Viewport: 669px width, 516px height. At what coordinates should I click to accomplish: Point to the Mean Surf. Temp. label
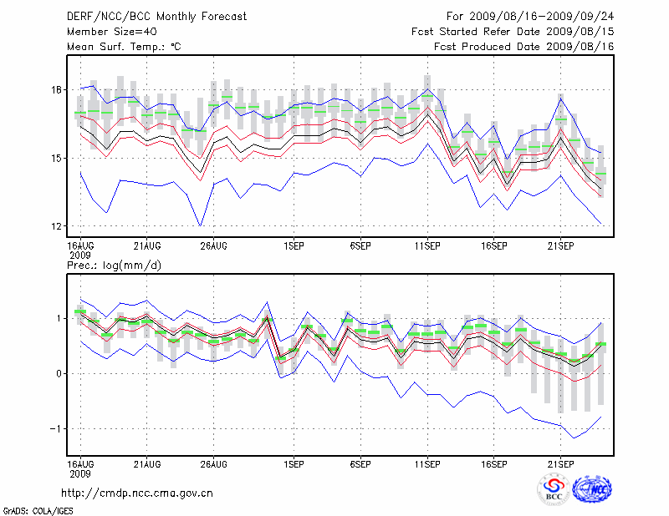pyautogui.click(x=124, y=46)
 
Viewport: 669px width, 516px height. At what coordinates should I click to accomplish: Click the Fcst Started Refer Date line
pyautogui.click(x=513, y=31)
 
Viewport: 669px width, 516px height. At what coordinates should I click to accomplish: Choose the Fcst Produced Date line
pyautogui.click(x=524, y=46)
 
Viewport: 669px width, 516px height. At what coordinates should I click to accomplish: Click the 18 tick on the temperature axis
pyautogui.click(x=56, y=89)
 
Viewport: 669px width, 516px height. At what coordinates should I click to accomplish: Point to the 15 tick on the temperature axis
pyautogui.click(x=56, y=158)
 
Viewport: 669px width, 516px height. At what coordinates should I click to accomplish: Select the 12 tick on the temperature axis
pyautogui.click(x=56, y=226)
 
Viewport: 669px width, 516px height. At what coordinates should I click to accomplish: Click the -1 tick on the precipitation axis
pyautogui.click(x=55, y=428)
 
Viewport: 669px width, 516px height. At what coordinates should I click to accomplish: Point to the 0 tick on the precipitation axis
pyautogui.click(x=58, y=373)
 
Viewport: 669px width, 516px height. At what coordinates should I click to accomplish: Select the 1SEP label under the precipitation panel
pyautogui.click(x=294, y=463)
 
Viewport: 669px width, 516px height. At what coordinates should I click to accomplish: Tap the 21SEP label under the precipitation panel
pyautogui.click(x=561, y=463)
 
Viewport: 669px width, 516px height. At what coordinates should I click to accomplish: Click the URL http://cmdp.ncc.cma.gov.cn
pyautogui.click(x=137, y=493)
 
